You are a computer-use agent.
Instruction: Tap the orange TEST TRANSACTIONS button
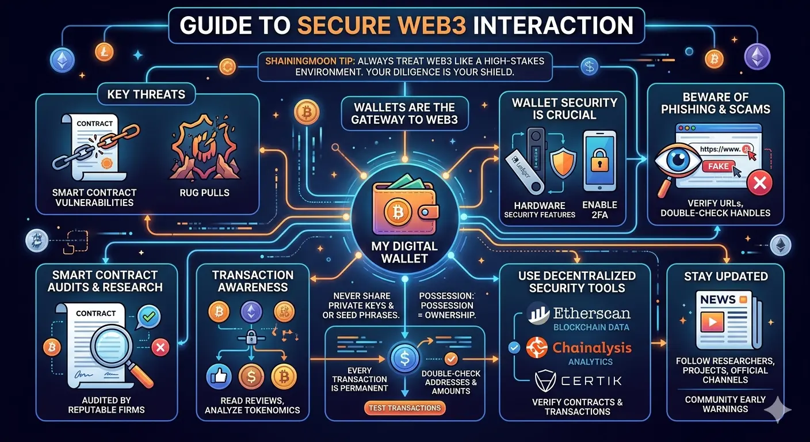(405, 408)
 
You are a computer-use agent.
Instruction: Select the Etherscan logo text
(591, 314)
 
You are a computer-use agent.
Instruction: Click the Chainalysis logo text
(591, 348)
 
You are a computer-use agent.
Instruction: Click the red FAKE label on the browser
(717, 166)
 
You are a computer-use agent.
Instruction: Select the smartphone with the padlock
(599, 161)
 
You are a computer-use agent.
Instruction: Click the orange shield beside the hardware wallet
(563, 161)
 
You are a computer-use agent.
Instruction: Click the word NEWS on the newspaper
(717, 300)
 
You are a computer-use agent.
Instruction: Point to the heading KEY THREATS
(146, 94)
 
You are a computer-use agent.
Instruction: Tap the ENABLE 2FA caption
(599, 210)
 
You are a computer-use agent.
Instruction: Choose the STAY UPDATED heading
(725, 276)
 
